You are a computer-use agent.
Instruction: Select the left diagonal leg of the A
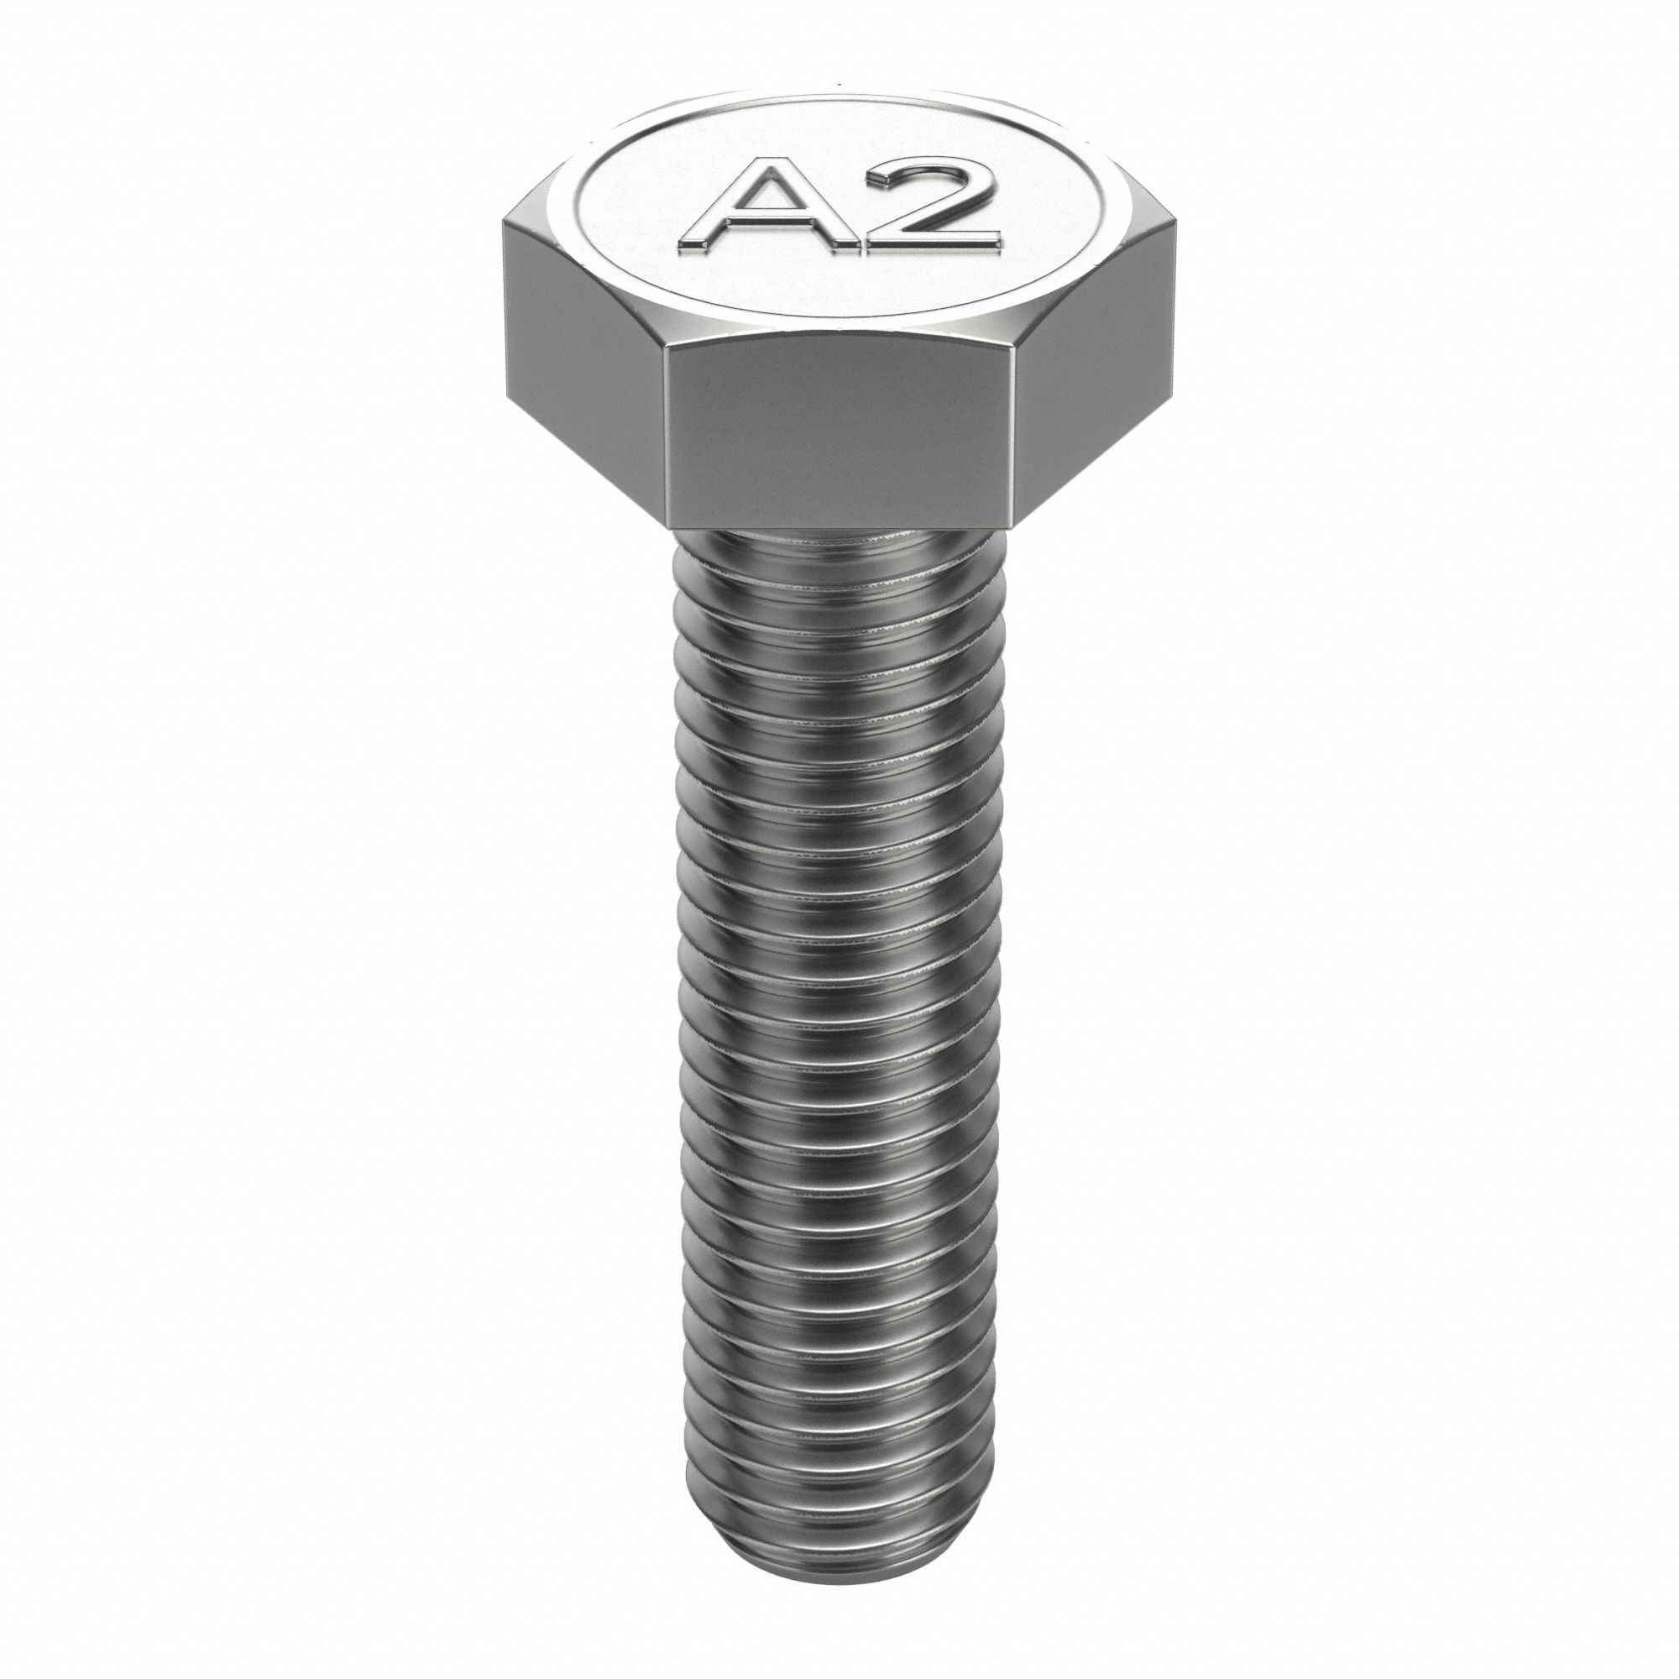point(718,217)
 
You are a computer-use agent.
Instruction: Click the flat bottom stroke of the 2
point(934,243)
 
